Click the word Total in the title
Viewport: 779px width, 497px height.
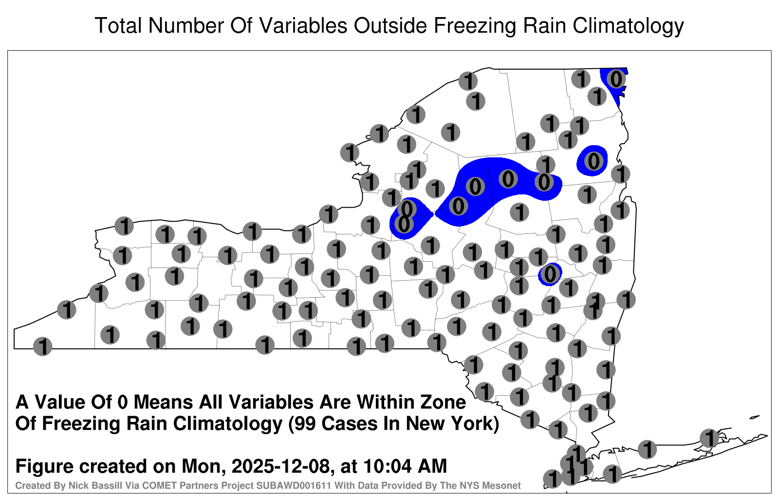[x=118, y=25]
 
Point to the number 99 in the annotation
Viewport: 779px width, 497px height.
[x=306, y=423]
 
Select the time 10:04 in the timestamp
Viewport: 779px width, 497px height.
[x=384, y=466]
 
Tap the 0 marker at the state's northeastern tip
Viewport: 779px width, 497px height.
[x=616, y=79]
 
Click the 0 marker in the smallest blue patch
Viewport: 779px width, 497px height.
[x=550, y=274]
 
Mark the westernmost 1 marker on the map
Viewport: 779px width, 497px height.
[x=42, y=346]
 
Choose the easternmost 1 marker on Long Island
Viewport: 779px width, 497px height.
[x=709, y=438]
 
